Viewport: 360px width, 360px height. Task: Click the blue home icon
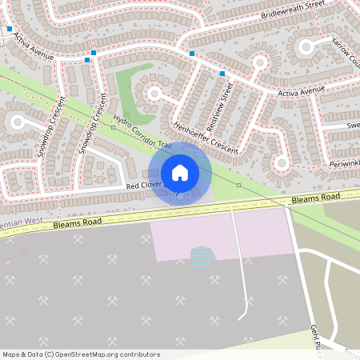pos(180,173)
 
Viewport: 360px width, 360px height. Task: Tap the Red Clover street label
pos(144,186)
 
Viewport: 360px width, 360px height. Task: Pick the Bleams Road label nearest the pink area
pos(316,197)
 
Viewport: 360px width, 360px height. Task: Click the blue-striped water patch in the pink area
pos(203,257)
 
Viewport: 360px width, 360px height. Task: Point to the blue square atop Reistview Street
pos(222,74)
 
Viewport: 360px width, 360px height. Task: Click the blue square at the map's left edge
pos(10,30)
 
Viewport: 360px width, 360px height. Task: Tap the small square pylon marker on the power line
pos(238,185)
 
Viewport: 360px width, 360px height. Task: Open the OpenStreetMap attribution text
pos(81,354)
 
